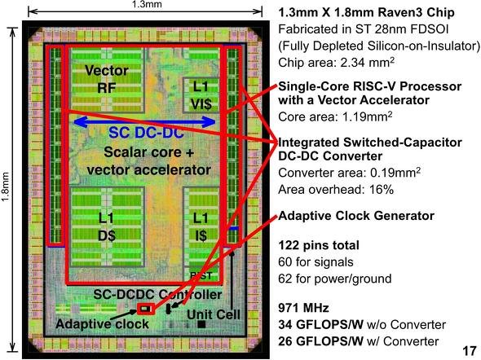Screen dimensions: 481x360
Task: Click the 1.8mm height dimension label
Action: pos(6,187)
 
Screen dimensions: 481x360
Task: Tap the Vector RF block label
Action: pos(107,79)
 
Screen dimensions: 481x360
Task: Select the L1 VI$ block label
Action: pos(201,95)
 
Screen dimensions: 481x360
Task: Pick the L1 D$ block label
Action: pos(107,227)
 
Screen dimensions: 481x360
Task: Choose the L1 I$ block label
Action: pos(201,227)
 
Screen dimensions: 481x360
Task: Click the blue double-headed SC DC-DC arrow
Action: pos(145,122)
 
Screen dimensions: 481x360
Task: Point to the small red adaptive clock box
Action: pos(146,309)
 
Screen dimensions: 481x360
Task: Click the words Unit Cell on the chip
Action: pos(214,314)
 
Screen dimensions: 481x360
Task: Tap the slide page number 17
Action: pos(470,351)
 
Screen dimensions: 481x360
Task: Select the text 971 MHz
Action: pos(304,308)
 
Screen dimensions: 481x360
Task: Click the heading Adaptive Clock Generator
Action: pos(356,216)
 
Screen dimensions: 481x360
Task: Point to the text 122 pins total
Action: pos(319,245)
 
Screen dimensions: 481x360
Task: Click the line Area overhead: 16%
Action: pos(336,190)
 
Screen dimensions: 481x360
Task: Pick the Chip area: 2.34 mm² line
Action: pos(336,62)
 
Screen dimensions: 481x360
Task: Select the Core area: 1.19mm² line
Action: pos(335,116)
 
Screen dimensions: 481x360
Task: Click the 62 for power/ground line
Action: pos(335,279)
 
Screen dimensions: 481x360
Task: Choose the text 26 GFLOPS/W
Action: pos(321,341)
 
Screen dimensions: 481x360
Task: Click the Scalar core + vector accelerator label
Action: pos(148,161)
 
